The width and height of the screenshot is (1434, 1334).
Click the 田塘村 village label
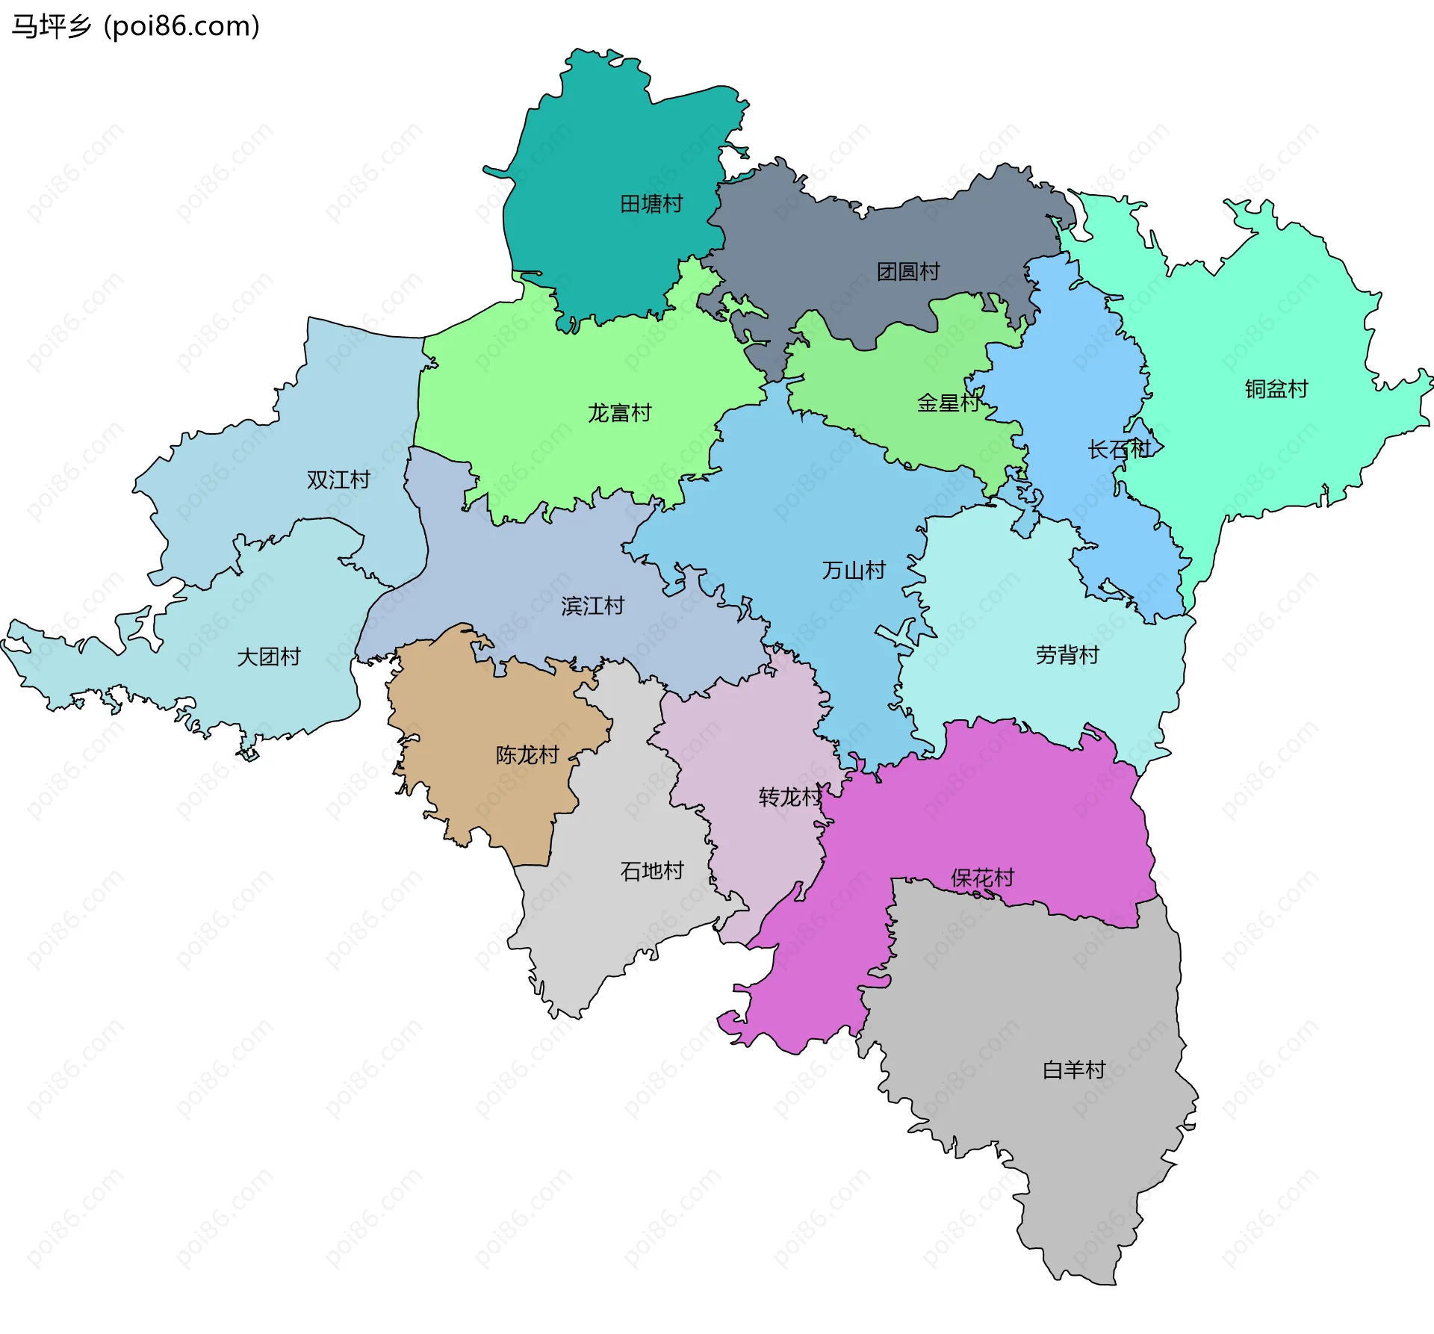[x=651, y=204]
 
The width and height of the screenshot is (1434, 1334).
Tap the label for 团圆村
[x=908, y=272]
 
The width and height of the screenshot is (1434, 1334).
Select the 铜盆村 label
[x=1276, y=389]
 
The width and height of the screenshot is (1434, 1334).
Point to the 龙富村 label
[x=619, y=413]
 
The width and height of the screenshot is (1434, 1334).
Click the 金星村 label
[x=949, y=403]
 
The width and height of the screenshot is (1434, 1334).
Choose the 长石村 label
[x=1119, y=450]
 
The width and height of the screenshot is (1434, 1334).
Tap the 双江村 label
[x=338, y=480]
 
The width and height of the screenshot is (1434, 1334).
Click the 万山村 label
[x=854, y=571]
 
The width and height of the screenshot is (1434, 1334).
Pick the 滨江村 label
[x=592, y=606]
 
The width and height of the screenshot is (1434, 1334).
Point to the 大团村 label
[x=268, y=657]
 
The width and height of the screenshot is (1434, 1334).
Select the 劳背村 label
[x=1067, y=655]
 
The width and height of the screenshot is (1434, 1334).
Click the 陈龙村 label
[x=527, y=755]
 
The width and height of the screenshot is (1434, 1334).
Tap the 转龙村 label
[x=790, y=797]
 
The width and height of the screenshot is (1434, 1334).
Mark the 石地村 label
[x=652, y=871]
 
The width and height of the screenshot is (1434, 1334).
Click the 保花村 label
[x=982, y=878]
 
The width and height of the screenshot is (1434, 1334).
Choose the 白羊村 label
[x=1074, y=1070]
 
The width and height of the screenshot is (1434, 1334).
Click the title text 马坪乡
[x=51, y=26]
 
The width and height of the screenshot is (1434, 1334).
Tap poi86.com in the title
[x=181, y=26]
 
